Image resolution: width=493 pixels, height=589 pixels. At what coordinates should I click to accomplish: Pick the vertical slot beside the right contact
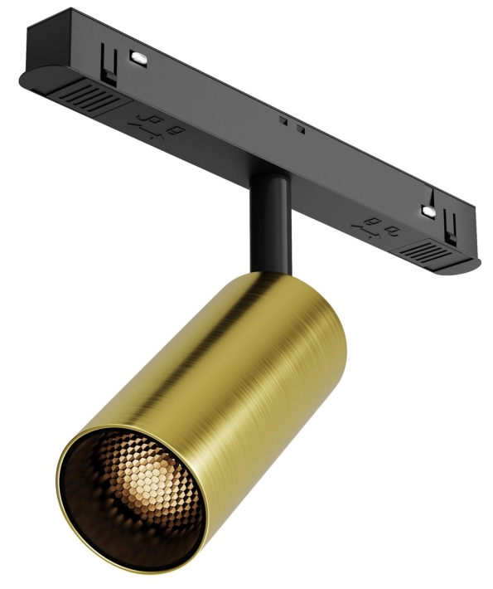(x=449, y=223)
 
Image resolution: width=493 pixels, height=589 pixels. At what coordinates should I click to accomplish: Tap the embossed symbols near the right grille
(x=378, y=226)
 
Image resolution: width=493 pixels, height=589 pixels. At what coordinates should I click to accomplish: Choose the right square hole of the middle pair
(x=301, y=129)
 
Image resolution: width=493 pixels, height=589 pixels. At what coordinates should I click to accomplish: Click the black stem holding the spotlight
(x=269, y=224)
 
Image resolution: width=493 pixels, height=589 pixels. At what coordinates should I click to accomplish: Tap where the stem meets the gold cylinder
(x=268, y=274)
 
